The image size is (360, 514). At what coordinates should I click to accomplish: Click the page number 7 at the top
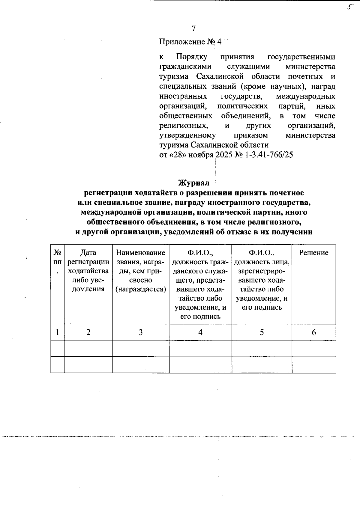coord(193,28)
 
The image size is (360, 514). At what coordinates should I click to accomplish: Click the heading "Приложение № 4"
coord(190,42)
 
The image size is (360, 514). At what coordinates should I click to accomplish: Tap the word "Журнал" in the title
coord(194,183)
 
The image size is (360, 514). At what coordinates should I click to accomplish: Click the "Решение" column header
coord(313,253)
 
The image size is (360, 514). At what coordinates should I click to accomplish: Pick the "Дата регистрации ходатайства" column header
coord(88,271)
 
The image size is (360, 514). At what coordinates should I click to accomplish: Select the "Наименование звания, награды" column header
coord(141,271)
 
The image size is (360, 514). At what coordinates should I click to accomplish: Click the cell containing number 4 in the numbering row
coord(200,332)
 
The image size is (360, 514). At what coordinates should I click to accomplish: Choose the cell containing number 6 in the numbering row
coord(314,332)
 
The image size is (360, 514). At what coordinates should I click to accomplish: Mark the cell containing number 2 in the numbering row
coord(88,332)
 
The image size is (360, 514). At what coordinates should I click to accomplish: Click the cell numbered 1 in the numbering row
coord(57,332)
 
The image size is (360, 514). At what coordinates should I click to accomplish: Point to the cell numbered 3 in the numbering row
coord(140,332)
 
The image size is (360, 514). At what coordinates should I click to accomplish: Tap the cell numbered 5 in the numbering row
coord(262,332)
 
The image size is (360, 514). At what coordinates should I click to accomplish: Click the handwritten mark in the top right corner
coord(349,7)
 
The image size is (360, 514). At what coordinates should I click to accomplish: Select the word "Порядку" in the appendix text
coord(191,57)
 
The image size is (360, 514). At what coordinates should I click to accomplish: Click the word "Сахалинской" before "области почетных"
coord(219,76)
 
